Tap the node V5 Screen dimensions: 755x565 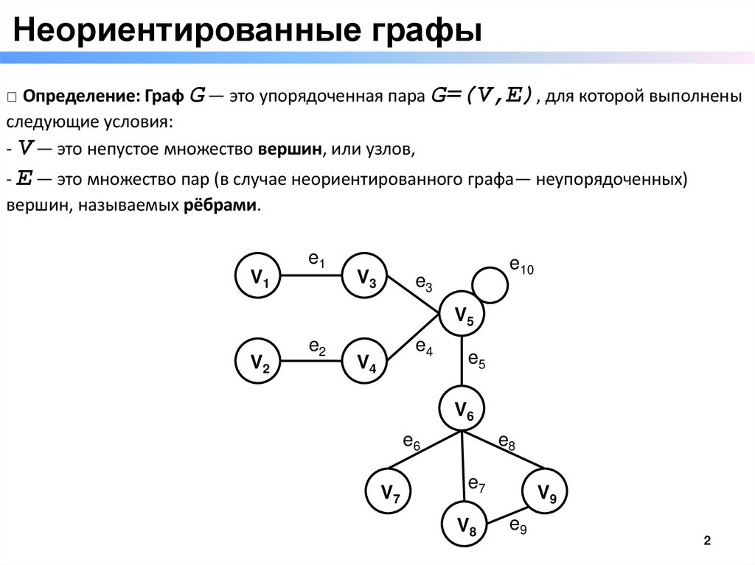coord(463,315)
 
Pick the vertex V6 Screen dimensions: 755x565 coord(463,408)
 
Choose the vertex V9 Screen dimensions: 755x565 coord(546,491)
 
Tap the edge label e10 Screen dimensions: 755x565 coord(521,266)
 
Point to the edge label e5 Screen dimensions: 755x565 coord(477,360)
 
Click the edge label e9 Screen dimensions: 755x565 coord(518,525)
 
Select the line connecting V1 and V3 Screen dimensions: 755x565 coord(312,276)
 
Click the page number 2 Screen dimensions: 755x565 coord(708,541)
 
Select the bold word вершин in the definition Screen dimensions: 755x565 coord(290,150)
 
